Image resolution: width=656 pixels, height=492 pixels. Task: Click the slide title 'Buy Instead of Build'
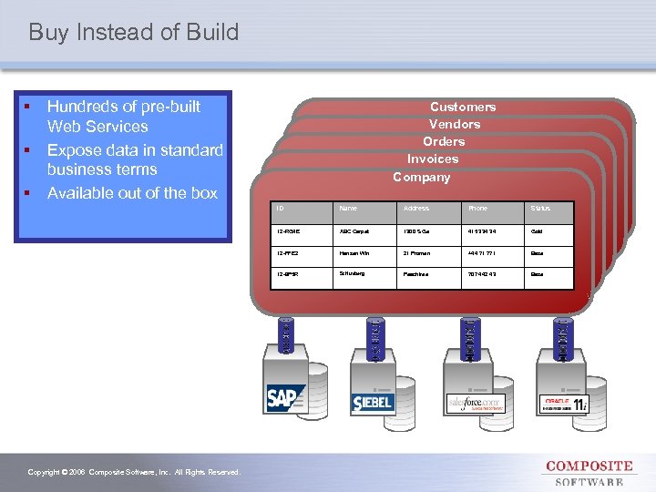(x=134, y=33)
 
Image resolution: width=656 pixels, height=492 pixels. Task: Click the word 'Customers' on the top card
(x=463, y=107)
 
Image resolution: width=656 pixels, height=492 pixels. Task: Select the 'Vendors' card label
(x=455, y=124)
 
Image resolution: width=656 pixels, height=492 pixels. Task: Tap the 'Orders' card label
(x=444, y=141)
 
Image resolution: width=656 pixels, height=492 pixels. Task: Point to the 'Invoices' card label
(x=433, y=159)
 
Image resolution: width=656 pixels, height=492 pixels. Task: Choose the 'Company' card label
(x=421, y=177)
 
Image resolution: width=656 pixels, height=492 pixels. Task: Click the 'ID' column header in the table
(x=279, y=209)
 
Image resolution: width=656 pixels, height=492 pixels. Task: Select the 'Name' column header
(x=348, y=209)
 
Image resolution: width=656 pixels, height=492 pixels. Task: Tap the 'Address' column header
(x=416, y=209)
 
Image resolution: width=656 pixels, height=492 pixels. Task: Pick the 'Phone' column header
(x=477, y=209)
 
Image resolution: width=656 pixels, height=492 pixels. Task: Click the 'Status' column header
(x=541, y=209)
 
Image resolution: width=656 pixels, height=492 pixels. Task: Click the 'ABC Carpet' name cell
(x=354, y=232)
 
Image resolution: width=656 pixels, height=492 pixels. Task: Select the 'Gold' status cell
(x=538, y=232)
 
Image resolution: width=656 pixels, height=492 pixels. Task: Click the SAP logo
(x=286, y=399)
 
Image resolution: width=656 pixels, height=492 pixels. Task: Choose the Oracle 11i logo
(x=565, y=404)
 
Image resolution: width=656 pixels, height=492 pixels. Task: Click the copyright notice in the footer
(x=134, y=472)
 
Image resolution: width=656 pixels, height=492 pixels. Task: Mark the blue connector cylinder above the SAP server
(x=286, y=334)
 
